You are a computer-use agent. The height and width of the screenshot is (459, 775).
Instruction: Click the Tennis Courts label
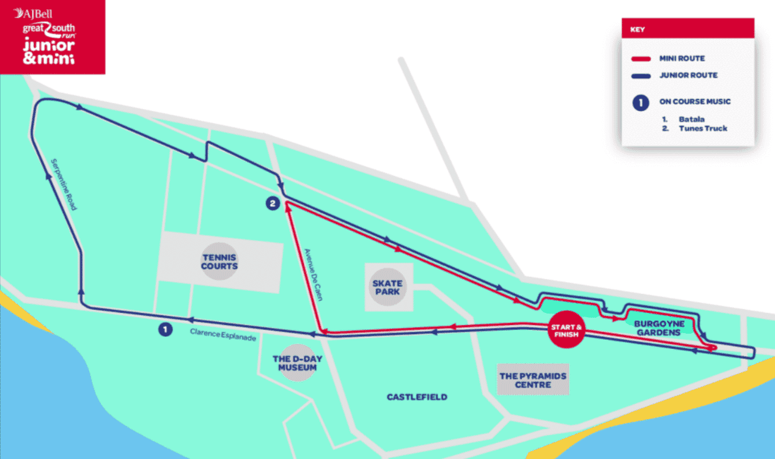220,262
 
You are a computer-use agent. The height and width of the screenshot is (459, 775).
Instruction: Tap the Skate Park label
388,287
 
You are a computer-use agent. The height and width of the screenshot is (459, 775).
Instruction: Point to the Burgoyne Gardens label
658,328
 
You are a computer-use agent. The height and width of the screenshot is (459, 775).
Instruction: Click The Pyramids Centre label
533,380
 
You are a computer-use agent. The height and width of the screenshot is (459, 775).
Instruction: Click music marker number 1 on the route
164,329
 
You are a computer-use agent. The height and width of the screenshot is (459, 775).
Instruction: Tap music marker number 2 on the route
273,204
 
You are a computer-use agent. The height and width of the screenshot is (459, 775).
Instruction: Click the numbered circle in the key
640,103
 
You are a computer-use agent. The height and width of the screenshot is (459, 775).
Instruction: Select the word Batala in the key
691,119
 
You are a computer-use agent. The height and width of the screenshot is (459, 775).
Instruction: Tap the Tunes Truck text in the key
703,128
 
